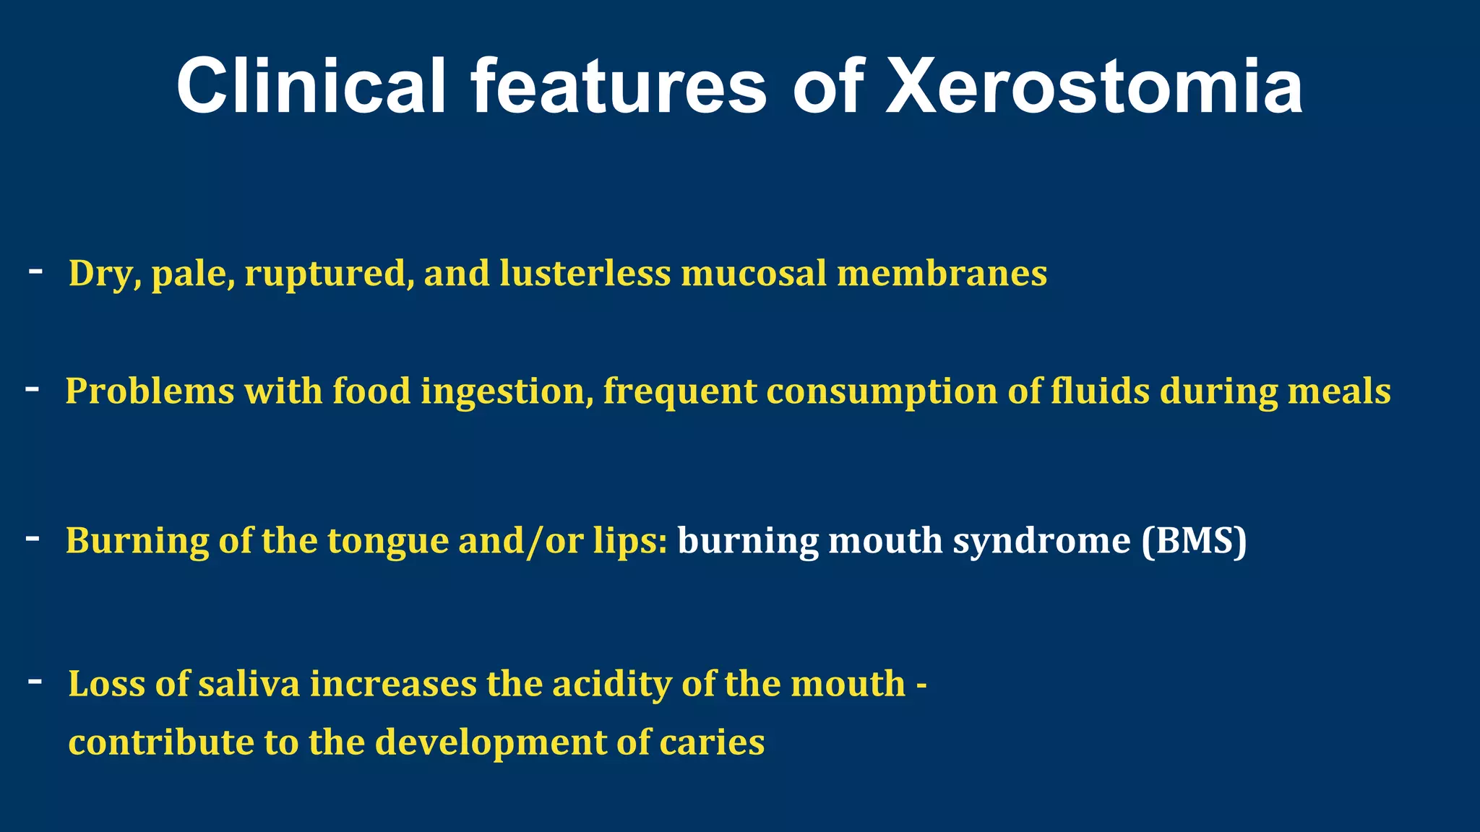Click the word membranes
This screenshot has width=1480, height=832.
942,273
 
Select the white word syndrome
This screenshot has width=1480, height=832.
1041,542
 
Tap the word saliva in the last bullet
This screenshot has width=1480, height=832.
249,683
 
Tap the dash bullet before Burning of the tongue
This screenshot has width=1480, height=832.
33,538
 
